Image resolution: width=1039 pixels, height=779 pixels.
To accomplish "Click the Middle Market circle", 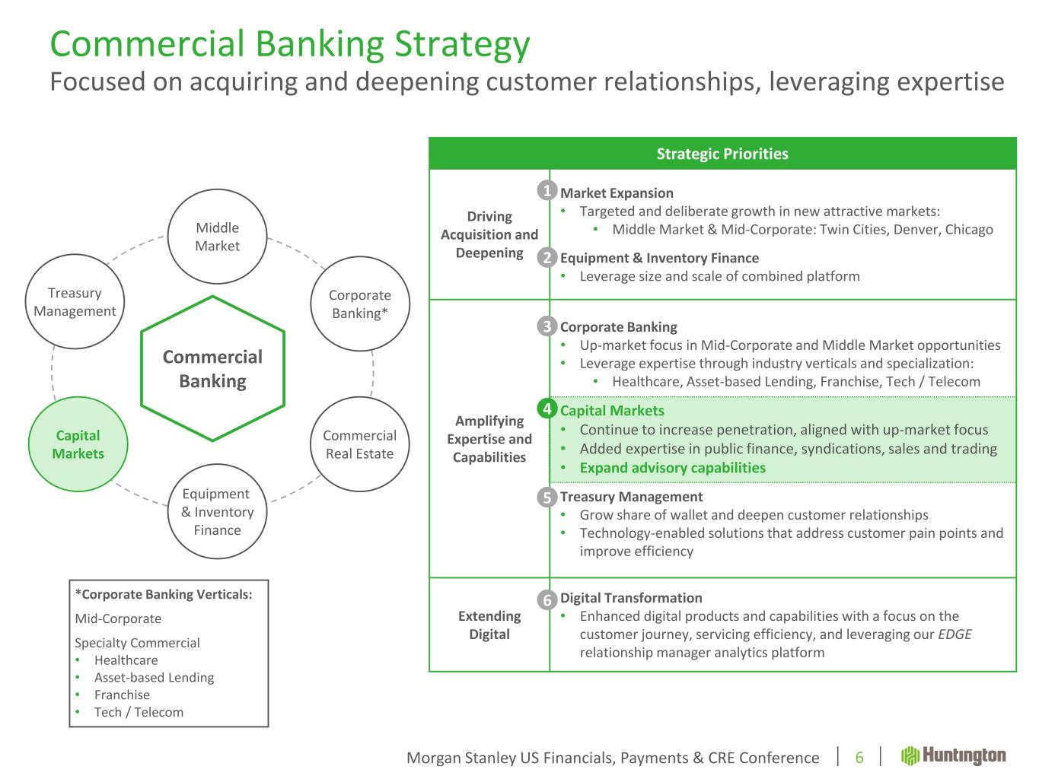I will click(217, 237).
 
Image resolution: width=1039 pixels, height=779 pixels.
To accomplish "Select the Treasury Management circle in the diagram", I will click(75, 302).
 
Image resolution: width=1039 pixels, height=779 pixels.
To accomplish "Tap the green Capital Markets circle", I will click(78, 444).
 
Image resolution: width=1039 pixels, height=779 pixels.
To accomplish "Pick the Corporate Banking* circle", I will click(360, 304).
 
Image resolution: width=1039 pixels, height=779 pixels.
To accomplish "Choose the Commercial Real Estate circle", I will click(359, 444).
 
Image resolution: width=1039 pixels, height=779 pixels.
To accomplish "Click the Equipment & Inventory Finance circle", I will click(217, 511).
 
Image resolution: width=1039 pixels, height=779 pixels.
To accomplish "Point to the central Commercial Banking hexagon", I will click(212, 369).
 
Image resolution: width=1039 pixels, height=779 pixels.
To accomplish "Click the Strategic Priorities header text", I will click(722, 154).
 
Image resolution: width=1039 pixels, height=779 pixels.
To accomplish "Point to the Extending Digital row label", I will click(489, 625).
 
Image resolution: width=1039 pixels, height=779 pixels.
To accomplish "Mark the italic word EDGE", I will click(955, 634).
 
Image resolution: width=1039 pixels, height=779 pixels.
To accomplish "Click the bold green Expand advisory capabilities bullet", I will click(672, 468).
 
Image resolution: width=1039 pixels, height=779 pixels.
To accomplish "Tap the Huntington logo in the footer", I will click(954, 755).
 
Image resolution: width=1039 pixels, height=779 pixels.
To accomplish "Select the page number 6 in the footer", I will click(859, 757).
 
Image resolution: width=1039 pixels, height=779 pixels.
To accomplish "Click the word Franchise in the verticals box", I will click(122, 695).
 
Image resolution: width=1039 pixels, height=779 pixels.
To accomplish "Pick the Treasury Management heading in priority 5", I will click(631, 497).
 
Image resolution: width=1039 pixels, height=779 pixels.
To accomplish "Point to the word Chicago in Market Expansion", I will click(969, 229).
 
